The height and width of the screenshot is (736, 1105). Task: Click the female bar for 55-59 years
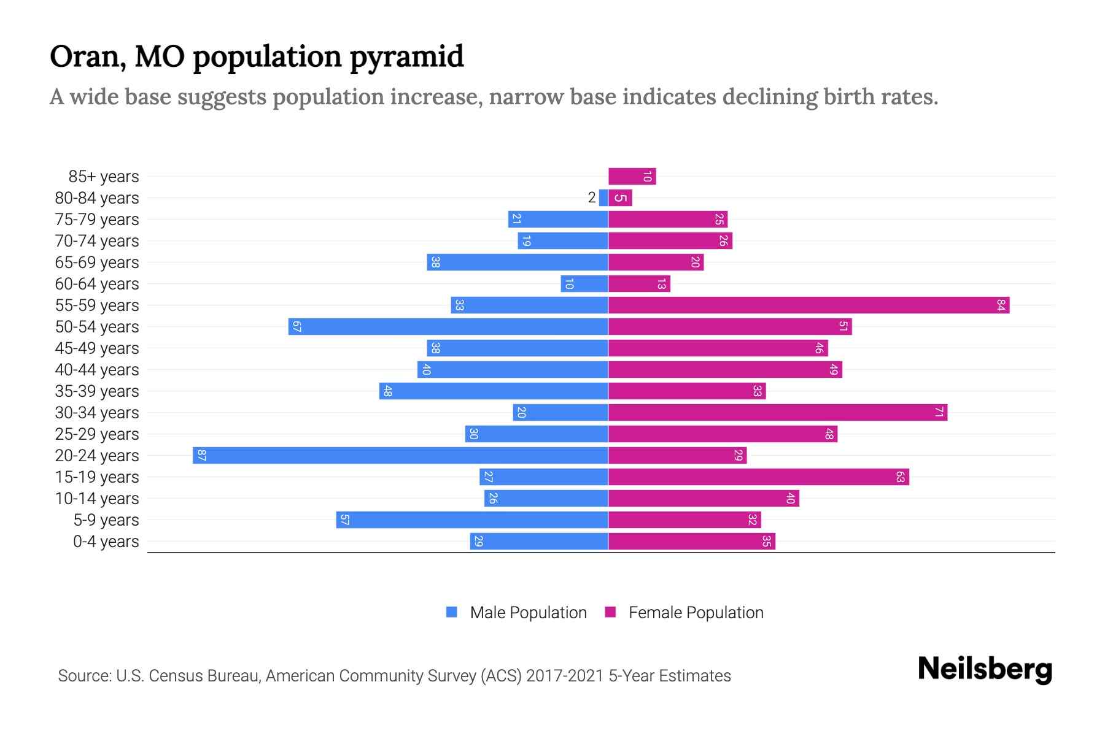coord(808,305)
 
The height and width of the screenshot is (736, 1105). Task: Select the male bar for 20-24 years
coord(400,455)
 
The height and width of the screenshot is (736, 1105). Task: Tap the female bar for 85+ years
coord(632,176)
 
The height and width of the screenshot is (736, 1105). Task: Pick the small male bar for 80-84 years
coord(603,197)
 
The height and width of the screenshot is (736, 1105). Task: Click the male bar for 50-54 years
coord(448,326)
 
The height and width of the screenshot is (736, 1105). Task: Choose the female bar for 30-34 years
coord(777,412)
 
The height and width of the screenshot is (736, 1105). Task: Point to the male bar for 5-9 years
coord(472,519)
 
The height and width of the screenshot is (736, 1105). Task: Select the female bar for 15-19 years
coord(758,477)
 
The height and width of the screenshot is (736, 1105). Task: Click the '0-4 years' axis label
coord(106,542)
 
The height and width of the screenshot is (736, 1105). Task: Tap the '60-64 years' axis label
coord(97,284)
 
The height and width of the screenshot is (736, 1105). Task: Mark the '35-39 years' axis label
coord(97,391)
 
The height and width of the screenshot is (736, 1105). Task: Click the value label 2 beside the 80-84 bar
coord(592,197)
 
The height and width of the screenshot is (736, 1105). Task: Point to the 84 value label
coord(1001,305)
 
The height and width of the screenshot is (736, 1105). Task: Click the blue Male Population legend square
coord(452,612)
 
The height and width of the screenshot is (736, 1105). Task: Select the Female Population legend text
coord(696,612)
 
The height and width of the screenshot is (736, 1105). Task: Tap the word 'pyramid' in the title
coord(407,56)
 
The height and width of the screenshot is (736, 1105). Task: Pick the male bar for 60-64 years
coord(584,283)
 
